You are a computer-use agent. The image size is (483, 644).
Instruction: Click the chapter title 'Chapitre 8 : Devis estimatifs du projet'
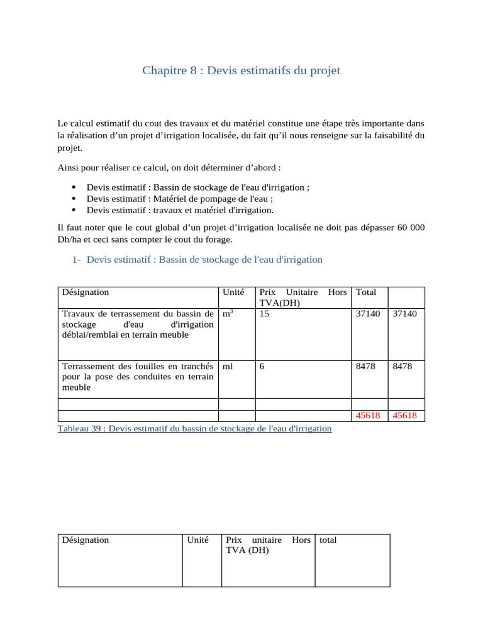click(241, 70)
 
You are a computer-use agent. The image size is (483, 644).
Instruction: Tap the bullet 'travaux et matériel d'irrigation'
click(180, 210)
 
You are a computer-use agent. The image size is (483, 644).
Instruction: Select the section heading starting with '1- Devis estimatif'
click(197, 260)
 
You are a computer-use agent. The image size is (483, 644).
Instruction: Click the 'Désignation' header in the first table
click(85, 292)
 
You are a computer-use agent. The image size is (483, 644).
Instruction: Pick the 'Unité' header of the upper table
click(233, 292)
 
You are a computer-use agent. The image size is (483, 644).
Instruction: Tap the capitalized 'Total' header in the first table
click(366, 292)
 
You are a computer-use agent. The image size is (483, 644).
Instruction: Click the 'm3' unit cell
click(228, 313)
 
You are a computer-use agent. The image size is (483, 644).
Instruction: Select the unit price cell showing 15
click(264, 313)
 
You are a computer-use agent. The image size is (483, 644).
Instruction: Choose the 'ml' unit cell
click(228, 366)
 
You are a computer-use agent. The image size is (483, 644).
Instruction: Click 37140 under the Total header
click(368, 313)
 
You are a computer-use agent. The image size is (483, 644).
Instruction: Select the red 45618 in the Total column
click(368, 416)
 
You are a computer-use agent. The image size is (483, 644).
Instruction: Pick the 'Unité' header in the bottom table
click(197, 540)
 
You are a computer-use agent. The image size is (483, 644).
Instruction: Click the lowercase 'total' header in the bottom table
click(328, 540)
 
